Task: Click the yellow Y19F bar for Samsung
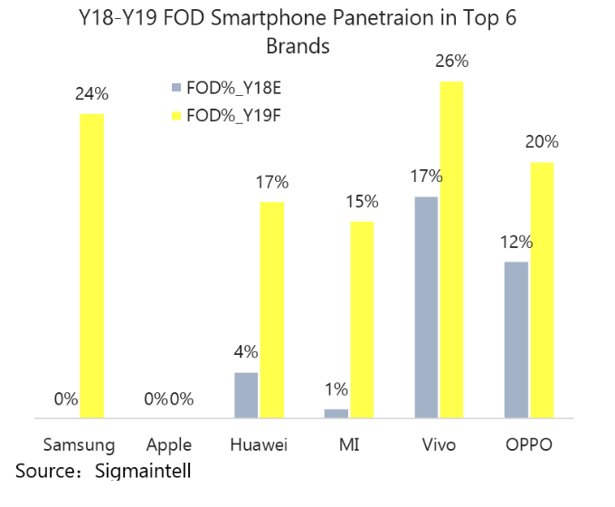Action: pyautogui.click(x=91, y=266)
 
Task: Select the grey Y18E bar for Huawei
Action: pyautogui.click(x=246, y=396)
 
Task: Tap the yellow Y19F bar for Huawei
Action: pyautogui.click(x=271, y=311)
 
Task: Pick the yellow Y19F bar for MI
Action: pyautogui.click(x=361, y=320)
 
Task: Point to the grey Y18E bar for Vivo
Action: pyautogui.click(x=426, y=308)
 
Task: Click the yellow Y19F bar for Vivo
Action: pyautogui.click(x=451, y=250)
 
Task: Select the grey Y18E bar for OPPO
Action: pyautogui.click(x=516, y=340)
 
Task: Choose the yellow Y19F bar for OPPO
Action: pyautogui.click(x=541, y=291)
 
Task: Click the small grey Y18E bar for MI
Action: pyautogui.click(x=336, y=414)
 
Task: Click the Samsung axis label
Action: pyautogui.click(x=80, y=445)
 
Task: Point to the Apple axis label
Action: pyautogui.click(x=169, y=445)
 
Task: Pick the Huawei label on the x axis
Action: pyautogui.click(x=259, y=445)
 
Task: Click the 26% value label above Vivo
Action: pyautogui.click(x=451, y=62)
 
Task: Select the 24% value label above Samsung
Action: pyautogui.click(x=91, y=94)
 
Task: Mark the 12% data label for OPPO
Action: pyautogui.click(x=516, y=242)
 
